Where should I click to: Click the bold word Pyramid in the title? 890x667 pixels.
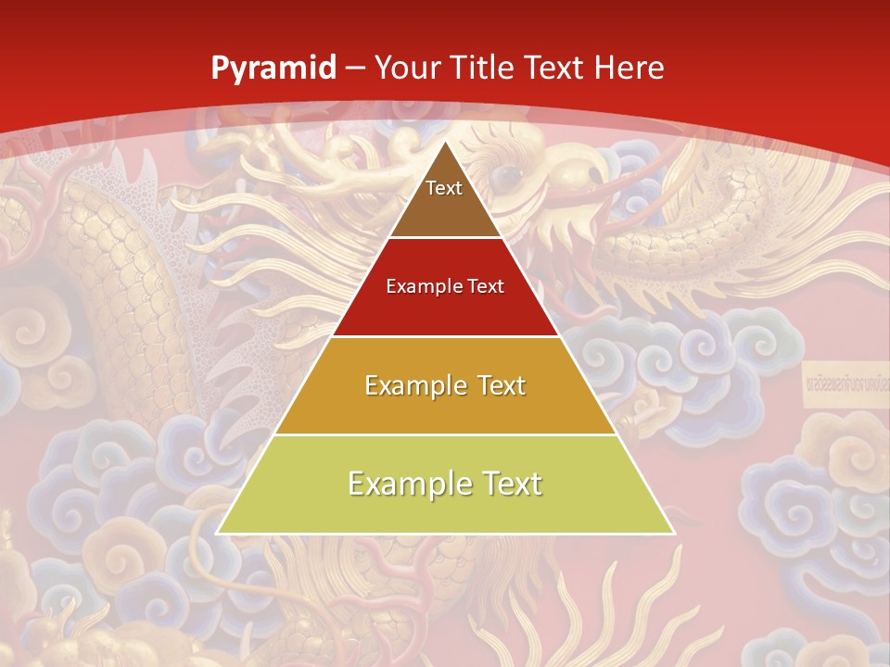273,69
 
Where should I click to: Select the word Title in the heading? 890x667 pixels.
484,68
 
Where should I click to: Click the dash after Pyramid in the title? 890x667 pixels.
356,69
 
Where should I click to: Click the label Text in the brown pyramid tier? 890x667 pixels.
444,188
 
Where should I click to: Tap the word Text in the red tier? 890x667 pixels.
484,287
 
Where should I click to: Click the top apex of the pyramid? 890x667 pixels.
445,142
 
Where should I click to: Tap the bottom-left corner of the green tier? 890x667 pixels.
219,533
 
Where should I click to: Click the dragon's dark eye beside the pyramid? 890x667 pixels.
505,175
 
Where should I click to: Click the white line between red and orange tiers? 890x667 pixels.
445,336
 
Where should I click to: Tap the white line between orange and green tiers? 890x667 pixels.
445,434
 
